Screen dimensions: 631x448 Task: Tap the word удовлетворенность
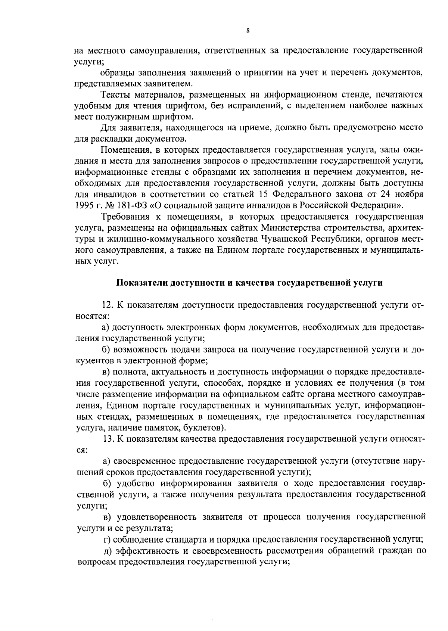pyautogui.click(x=157, y=517)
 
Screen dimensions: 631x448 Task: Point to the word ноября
pyautogui.click(x=409, y=194)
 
